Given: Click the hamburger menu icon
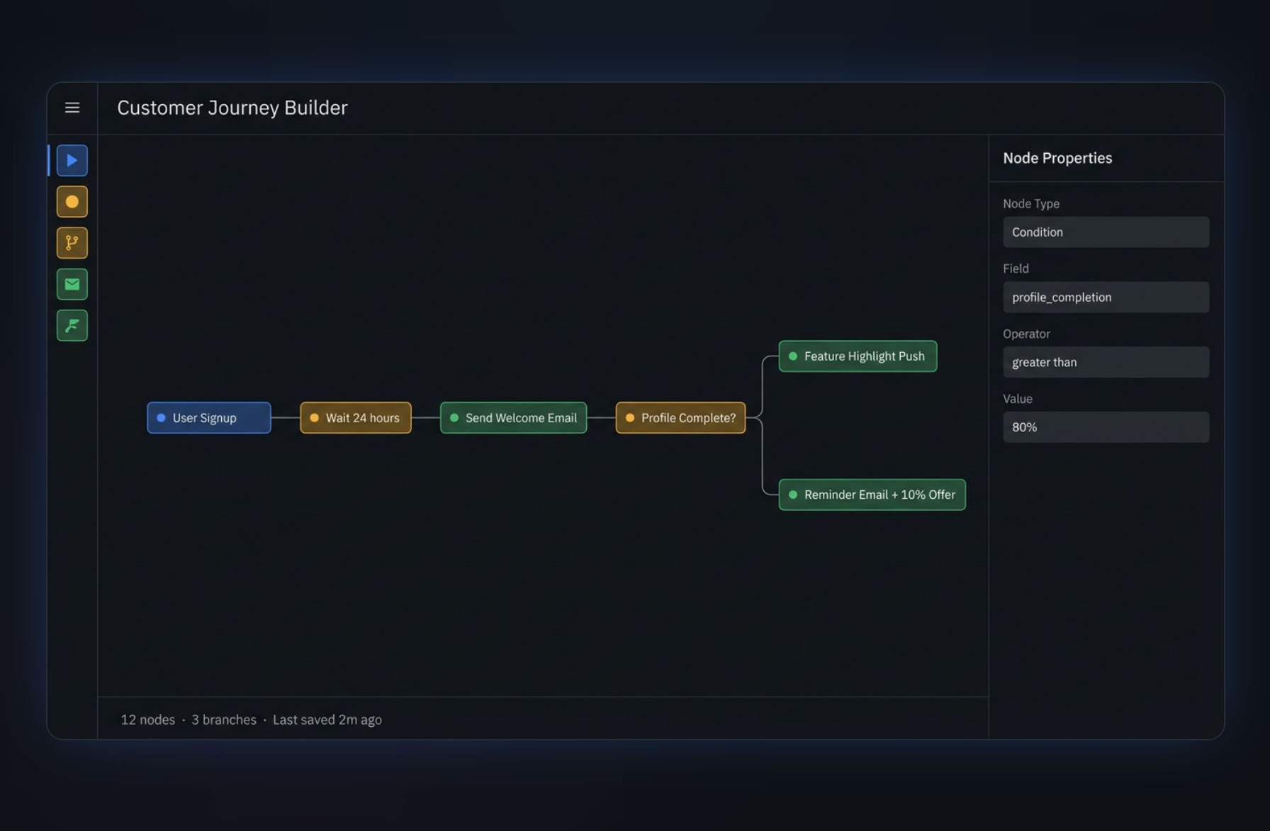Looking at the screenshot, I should coord(72,108).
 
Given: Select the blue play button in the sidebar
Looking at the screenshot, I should coord(72,161).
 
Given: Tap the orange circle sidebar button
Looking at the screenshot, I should coord(72,202).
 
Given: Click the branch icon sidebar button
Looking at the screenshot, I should coord(72,243).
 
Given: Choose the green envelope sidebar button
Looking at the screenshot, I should coord(72,284).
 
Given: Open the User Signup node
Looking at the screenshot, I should coord(208,418).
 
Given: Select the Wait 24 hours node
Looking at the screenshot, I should coord(356,418).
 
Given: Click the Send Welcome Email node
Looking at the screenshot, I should coord(513,418).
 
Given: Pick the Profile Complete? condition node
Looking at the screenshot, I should coord(680,418).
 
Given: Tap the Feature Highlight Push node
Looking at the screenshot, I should coord(858,356).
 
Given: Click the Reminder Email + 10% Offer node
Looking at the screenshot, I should coord(872,494).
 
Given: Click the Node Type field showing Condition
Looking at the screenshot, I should coord(1106,232).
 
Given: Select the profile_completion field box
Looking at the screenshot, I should coord(1106,298).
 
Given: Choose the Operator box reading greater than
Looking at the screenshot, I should coord(1106,362).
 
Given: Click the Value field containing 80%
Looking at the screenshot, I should coord(1106,427).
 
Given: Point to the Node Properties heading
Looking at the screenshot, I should coord(1057,158).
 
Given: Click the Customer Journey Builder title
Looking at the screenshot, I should coord(232,108).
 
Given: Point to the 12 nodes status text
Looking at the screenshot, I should coord(147,720).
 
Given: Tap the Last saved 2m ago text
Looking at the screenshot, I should coord(327,720).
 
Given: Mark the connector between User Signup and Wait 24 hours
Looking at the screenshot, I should coord(286,418).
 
